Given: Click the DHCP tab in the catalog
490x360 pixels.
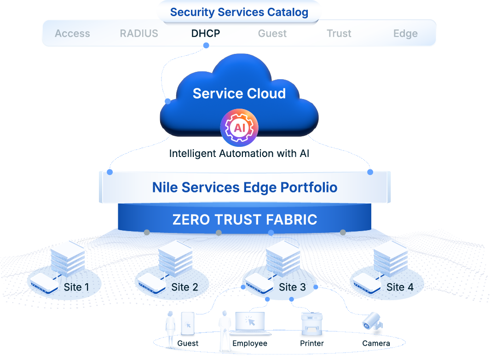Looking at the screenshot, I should click(206, 34).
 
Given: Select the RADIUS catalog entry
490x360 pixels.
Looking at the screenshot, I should click(139, 34).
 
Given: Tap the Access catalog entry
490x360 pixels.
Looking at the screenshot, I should click(72, 34).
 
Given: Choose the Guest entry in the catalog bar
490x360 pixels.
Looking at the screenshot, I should click(272, 34).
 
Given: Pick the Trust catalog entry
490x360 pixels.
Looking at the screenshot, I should click(339, 34).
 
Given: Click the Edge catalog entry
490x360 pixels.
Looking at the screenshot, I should click(405, 34).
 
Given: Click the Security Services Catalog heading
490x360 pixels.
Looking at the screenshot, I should click(239, 12).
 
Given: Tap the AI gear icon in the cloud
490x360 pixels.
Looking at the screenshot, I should click(239, 128).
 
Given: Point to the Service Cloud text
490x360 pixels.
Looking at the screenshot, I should click(239, 93).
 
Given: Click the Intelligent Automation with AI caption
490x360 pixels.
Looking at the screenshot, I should click(239, 153).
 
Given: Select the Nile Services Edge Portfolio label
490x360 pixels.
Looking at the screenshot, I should click(245, 187).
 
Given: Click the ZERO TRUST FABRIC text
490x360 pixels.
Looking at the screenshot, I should click(245, 220).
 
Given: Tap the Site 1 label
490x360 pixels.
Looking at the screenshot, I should click(76, 287).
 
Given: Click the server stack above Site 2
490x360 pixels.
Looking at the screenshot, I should click(175, 258).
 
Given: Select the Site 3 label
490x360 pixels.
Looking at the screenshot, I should click(292, 287).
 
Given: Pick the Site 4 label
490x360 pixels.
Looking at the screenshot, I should click(399, 287).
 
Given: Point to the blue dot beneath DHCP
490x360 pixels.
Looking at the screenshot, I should click(206, 45).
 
